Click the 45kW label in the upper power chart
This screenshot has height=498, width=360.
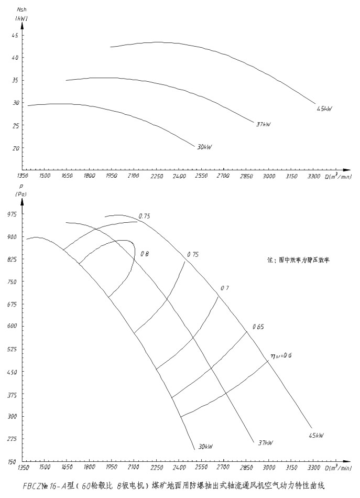coord(324,109)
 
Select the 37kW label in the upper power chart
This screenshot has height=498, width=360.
coord(263,124)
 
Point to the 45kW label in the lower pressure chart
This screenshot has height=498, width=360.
coord(316,436)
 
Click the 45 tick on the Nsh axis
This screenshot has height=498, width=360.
coord(15,35)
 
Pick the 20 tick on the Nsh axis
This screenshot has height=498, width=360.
coord(15,148)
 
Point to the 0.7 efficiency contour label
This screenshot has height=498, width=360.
coord(225,288)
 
